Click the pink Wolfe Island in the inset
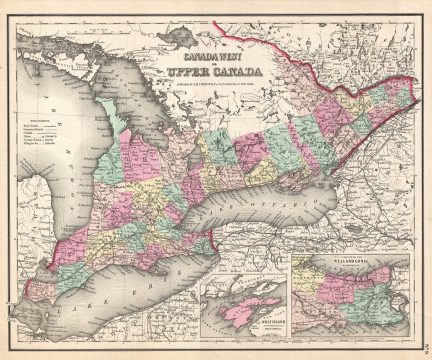(232, 307)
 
